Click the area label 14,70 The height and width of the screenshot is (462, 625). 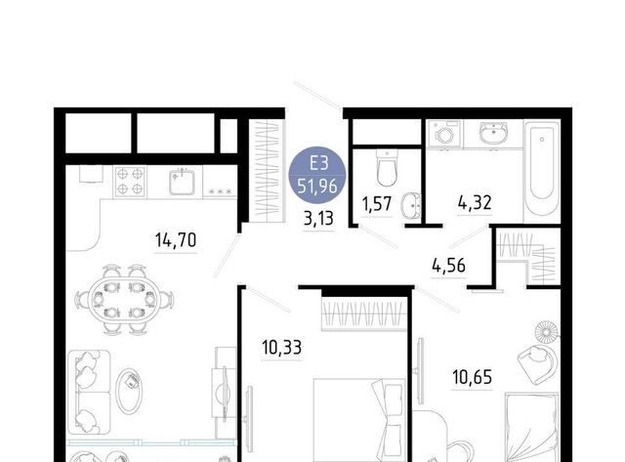176,240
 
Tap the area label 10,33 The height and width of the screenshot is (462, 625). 281,348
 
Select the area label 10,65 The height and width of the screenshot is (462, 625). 472,377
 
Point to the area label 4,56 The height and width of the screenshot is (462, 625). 448,266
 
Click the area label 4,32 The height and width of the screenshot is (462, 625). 475,202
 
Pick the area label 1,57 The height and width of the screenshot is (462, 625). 377,204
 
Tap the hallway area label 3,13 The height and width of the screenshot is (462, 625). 318,219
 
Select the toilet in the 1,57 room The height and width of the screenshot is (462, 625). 387,168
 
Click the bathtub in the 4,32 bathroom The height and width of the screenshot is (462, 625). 541,171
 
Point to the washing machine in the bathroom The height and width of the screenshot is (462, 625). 444,134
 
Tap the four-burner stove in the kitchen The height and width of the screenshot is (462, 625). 130,182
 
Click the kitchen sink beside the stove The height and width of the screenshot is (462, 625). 182,182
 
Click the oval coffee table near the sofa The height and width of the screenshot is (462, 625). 128,391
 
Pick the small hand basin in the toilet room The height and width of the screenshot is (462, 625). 411,206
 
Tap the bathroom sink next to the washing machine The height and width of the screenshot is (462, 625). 493,133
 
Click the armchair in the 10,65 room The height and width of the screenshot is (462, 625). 538,360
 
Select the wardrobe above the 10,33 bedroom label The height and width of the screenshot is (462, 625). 364,315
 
